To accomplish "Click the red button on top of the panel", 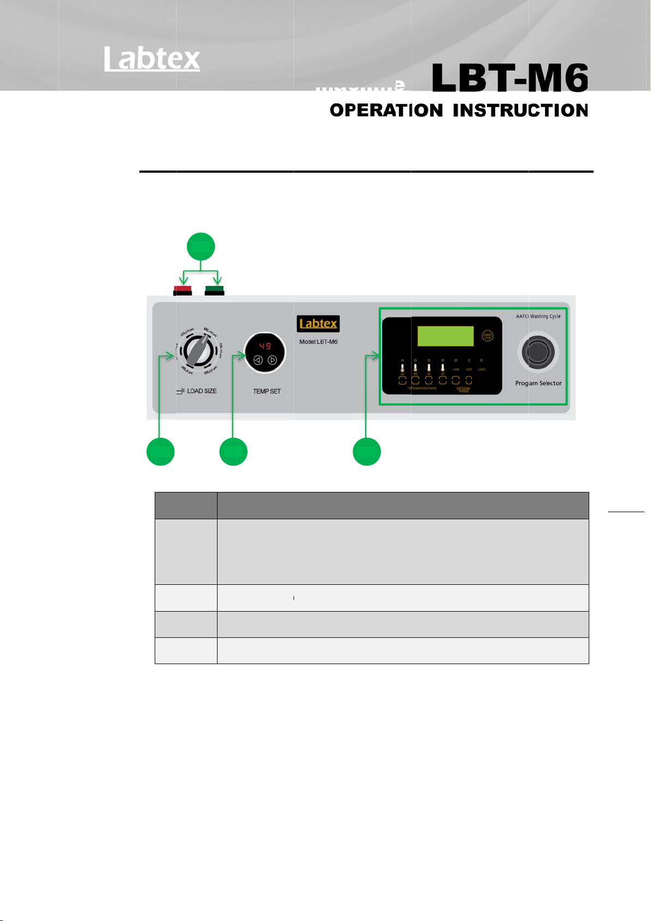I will coord(182,290).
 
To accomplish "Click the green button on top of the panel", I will coord(214,290).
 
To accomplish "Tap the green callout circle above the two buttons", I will coord(201,247).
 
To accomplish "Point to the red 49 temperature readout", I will coord(265,346).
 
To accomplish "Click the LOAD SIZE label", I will coord(201,391).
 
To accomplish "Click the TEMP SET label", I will coord(267,391).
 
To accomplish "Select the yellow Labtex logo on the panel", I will coord(318,324).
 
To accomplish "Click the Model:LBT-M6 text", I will coord(318,342).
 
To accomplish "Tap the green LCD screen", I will coord(445,336).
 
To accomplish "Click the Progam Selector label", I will coord(538,383).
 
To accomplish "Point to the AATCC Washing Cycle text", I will coord(538,316).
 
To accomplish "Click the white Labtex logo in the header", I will coord(153,58).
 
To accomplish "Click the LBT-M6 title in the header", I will coord(510,78).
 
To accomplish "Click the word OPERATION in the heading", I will coord(386,110).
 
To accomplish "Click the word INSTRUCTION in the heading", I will coord(520,110).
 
